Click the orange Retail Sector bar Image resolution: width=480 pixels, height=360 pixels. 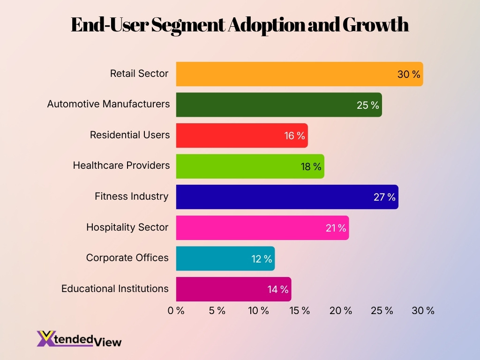coord(281,74)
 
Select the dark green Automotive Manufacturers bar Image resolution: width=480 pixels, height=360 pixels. coord(262,105)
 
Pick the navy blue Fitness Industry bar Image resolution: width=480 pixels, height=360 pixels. coord(272,197)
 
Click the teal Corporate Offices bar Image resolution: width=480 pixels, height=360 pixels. coord(211,258)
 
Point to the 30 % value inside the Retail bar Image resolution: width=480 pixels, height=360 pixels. coord(409,74)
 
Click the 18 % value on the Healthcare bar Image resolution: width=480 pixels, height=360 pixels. coord(311,166)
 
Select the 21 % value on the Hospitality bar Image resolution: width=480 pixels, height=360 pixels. coord(336,228)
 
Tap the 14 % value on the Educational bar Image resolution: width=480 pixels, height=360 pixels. coord(278,289)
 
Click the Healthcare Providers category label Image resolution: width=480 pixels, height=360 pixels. coord(121,165)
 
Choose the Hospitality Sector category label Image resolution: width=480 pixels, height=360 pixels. coord(127,227)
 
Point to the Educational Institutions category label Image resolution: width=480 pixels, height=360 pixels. coord(115,289)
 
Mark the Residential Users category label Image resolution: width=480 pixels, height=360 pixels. coord(130,135)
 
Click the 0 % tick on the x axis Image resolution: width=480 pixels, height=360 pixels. coord(176,310)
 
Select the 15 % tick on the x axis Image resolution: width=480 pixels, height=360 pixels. coord(300,310)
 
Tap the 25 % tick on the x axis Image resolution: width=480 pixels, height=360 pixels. coord(382,310)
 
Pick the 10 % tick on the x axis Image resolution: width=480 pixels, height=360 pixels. coord(258,310)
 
